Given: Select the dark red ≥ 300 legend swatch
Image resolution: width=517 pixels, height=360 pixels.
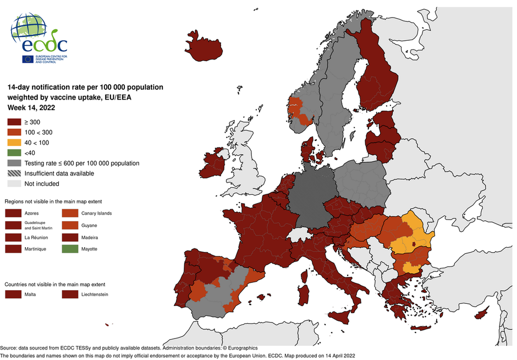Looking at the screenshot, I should [14, 122].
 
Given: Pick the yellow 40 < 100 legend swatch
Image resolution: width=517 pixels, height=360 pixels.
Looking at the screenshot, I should [14, 143].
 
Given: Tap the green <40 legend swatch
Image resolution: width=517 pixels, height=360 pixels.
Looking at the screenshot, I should [14, 153].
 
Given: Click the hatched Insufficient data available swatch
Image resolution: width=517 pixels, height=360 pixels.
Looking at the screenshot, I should [14, 173].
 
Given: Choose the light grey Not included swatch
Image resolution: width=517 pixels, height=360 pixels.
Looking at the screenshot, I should [14, 184].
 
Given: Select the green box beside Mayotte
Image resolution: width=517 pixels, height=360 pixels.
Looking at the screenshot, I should [70, 249].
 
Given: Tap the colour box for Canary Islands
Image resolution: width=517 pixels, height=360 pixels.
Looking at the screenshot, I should [70, 213].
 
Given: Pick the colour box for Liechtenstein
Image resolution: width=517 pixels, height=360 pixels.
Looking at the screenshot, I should [70, 294].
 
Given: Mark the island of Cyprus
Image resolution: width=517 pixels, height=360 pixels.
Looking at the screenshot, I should [482, 314].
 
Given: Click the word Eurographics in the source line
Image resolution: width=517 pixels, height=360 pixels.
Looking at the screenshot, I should [239, 348].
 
